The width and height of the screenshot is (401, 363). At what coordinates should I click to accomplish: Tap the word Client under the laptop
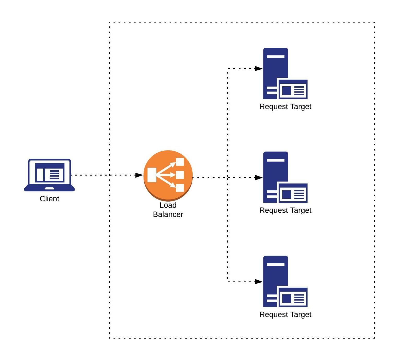[49, 199]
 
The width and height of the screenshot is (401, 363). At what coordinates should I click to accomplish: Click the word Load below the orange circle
[168, 205]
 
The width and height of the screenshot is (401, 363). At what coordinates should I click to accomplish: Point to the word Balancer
[168, 214]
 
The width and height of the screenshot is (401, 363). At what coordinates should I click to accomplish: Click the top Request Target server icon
[285, 74]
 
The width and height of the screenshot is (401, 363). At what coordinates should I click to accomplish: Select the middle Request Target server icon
[285, 177]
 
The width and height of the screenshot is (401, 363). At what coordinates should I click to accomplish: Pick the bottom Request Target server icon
[285, 281]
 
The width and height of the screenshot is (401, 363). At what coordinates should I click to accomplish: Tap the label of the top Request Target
[285, 107]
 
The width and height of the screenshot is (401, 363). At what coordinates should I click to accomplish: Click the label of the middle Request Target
[285, 210]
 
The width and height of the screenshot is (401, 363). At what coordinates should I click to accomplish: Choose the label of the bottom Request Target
[285, 314]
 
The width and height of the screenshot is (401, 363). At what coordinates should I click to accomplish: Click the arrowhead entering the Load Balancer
[139, 175]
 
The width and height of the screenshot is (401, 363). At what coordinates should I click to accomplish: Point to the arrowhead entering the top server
[258, 69]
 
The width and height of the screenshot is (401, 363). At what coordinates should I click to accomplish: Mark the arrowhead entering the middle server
[258, 178]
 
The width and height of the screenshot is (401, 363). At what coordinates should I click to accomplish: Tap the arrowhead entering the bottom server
[258, 282]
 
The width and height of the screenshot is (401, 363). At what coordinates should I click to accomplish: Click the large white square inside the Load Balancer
[152, 175]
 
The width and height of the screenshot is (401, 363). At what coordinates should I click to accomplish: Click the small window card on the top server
[293, 89]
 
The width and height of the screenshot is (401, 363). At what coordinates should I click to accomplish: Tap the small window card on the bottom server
[293, 298]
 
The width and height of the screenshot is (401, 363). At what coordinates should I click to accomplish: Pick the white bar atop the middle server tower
[276, 160]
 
